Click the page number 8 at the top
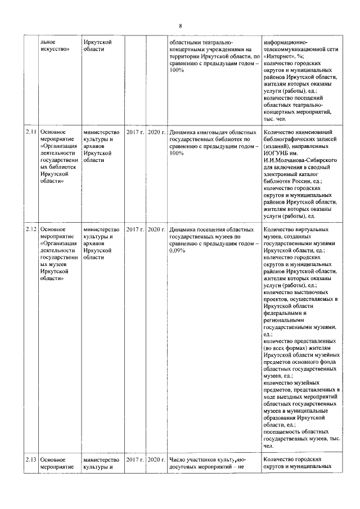[180, 26]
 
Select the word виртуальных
[314, 229]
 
